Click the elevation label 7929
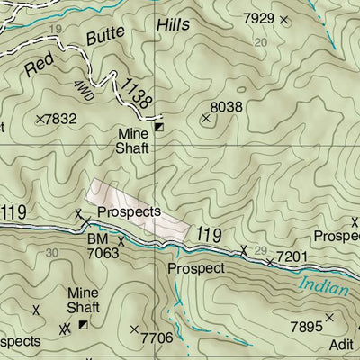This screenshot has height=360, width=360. point(259,18)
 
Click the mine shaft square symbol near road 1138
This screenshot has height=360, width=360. point(159,128)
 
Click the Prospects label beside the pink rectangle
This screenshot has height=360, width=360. point(129,212)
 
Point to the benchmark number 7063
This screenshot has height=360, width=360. point(103,255)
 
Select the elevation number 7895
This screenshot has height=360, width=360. point(304,326)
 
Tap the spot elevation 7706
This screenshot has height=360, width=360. point(157,337)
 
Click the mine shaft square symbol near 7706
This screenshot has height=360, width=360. point(84,325)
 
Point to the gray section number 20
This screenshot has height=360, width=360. point(261,42)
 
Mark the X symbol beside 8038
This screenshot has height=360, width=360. point(206,118)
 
